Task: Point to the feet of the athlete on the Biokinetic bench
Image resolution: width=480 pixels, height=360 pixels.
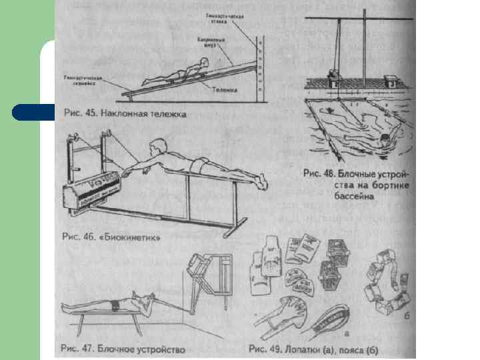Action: (x=261, y=181)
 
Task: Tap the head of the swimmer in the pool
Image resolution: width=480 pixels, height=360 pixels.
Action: (x=384, y=140)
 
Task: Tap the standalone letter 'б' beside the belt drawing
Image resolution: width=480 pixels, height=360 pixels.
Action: (x=405, y=315)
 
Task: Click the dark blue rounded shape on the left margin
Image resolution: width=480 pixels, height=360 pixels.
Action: (x=33, y=113)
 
